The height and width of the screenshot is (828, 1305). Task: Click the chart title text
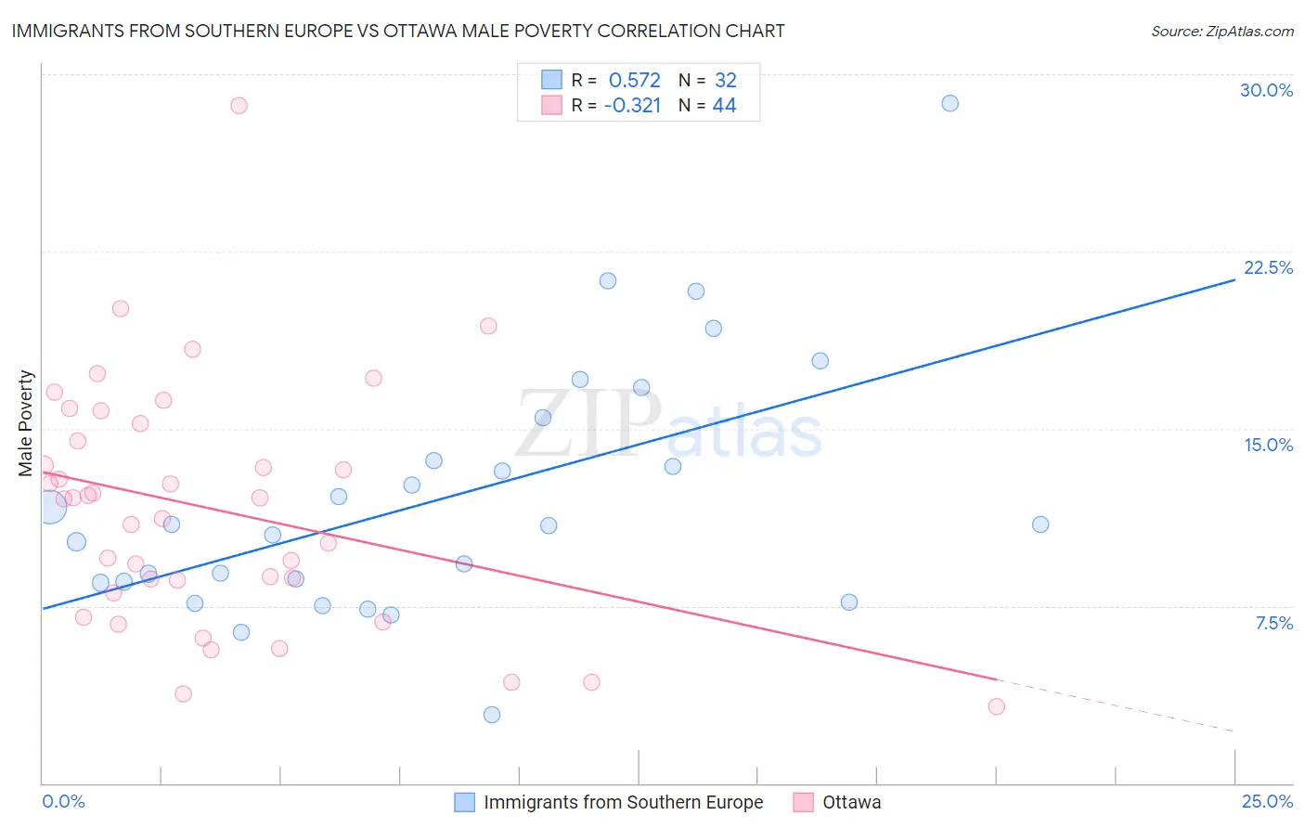(x=398, y=31)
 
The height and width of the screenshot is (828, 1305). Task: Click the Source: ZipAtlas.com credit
(x=1221, y=32)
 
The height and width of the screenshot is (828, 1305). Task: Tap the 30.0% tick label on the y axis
(x=1266, y=90)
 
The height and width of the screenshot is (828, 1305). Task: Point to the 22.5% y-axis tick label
(x=1268, y=267)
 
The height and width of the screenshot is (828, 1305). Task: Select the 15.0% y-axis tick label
(x=1268, y=445)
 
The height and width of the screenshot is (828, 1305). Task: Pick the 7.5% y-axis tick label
(x=1273, y=623)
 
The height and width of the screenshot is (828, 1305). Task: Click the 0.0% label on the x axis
(x=63, y=801)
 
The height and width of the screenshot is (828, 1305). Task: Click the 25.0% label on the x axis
(x=1267, y=801)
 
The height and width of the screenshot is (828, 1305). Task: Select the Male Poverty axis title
(x=26, y=423)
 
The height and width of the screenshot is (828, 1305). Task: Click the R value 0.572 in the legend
(x=634, y=80)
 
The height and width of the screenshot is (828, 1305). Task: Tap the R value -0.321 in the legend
(x=632, y=106)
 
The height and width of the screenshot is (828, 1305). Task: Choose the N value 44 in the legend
(x=724, y=106)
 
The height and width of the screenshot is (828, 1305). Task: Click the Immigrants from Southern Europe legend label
(x=623, y=802)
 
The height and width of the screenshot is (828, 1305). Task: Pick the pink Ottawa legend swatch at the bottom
(x=804, y=802)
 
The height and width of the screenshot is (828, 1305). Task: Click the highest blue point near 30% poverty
(x=950, y=103)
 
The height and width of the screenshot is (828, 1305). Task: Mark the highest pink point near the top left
(x=239, y=106)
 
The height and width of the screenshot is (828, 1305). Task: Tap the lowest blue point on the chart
(x=492, y=715)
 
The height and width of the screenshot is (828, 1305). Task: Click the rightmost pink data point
(x=996, y=706)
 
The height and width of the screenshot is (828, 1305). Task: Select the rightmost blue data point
(x=1040, y=524)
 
